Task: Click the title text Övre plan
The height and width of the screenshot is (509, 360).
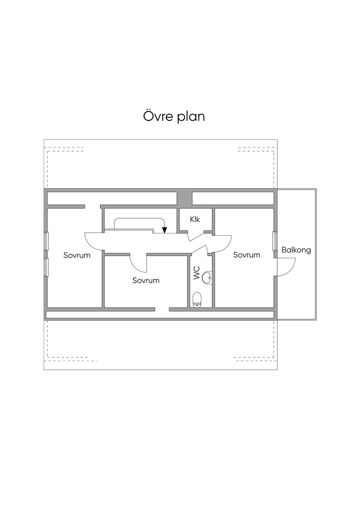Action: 174,116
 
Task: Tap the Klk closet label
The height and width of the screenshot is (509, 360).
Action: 195,220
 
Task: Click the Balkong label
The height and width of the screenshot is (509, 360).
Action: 296,250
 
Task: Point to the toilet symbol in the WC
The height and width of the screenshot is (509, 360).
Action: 197,300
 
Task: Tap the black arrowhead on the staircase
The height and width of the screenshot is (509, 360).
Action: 165,230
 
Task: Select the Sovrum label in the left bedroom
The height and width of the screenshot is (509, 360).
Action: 77,255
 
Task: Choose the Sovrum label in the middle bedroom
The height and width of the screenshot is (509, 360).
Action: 146,281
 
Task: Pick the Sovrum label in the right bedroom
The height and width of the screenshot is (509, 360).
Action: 246,255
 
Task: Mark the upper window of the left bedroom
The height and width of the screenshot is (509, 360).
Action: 46,241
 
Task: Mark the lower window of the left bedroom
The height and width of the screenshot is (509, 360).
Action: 46,267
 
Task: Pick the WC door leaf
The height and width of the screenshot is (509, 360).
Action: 199,249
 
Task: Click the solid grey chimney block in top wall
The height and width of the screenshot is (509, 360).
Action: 185,198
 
